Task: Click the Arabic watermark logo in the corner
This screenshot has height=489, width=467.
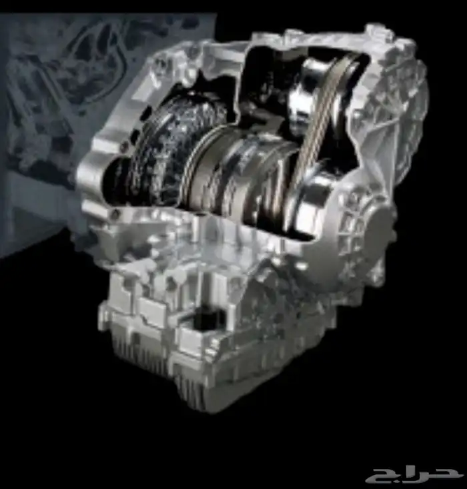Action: [414, 476]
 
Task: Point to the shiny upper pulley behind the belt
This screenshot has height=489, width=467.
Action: [315, 91]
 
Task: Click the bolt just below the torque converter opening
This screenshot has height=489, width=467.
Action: [115, 213]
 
